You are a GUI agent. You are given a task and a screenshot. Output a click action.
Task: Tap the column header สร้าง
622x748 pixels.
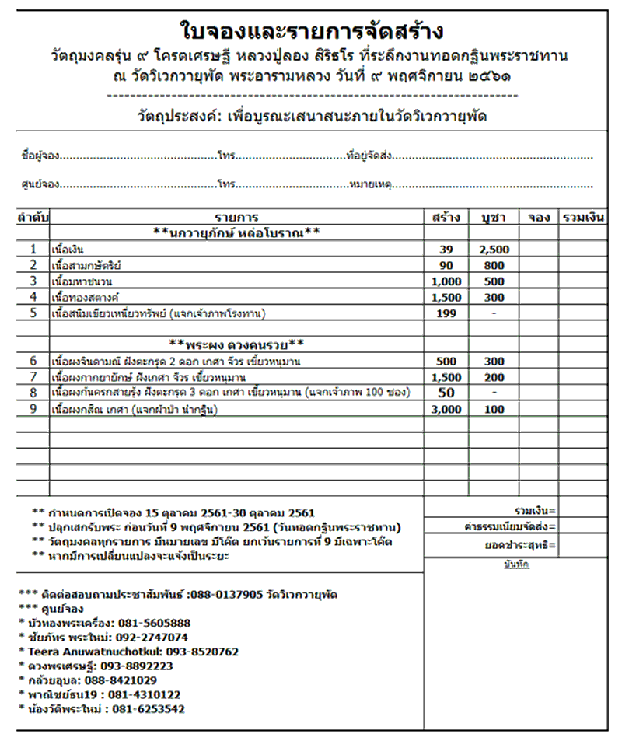[x=446, y=218]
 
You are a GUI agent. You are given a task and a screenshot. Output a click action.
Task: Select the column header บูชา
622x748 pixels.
[x=493, y=218]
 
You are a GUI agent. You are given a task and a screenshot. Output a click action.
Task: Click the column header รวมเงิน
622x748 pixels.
[x=583, y=218]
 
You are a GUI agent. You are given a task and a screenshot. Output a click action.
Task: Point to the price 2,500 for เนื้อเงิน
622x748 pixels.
[x=493, y=250]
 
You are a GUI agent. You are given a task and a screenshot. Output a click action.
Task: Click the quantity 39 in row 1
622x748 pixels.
[x=446, y=250]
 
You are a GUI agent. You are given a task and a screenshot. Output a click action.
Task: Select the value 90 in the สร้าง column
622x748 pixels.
[x=446, y=265]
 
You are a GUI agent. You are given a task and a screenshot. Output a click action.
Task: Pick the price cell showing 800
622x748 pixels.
[x=493, y=265]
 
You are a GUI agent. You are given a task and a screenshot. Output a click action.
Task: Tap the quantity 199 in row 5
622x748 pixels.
[x=446, y=313]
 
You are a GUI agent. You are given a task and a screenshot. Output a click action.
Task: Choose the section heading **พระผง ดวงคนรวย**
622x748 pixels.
[x=236, y=344]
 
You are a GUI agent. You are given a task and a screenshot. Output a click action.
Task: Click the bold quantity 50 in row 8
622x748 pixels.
[x=446, y=393]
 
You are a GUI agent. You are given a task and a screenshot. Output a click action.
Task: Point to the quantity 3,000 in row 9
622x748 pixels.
[x=446, y=409]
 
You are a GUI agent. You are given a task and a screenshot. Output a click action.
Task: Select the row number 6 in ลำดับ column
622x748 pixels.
[x=33, y=361]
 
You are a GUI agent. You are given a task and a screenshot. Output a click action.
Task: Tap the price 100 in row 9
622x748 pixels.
[x=493, y=409]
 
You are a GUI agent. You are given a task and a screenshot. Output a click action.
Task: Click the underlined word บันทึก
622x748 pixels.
[x=515, y=564]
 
